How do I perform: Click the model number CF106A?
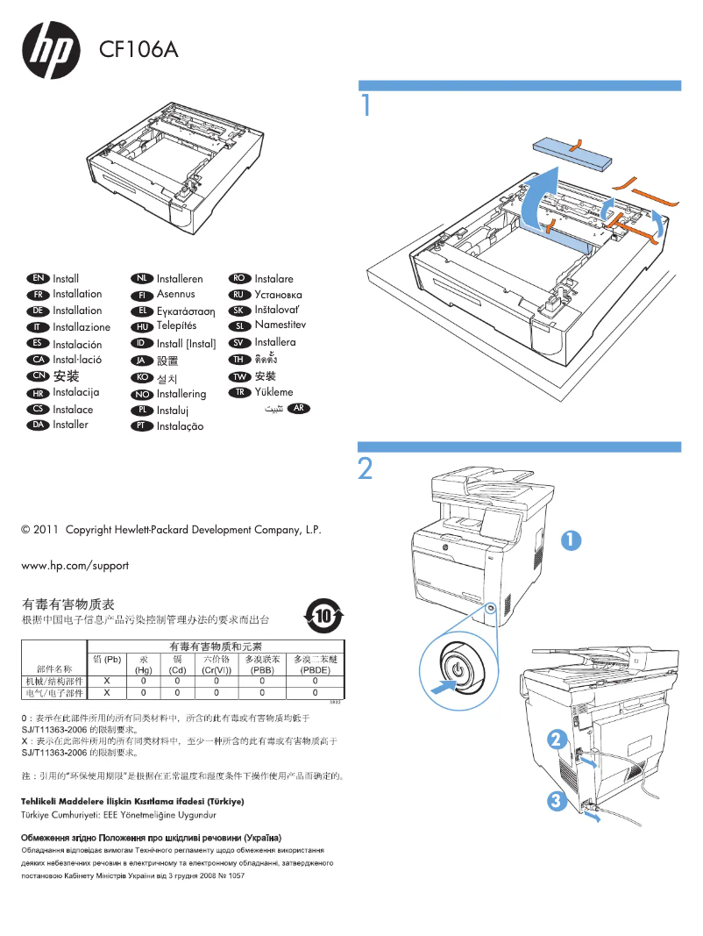[138, 50]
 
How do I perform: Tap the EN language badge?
[38, 278]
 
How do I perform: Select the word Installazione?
[82, 327]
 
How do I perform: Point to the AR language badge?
[299, 409]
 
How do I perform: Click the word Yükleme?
[273, 392]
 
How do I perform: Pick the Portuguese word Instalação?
[180, 426]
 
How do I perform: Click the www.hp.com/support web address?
[75, 565]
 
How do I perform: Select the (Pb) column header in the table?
[107, 659]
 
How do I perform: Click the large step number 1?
[367, 105]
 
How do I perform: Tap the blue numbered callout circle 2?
[554, 739]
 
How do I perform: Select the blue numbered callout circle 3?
[554, 800]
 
